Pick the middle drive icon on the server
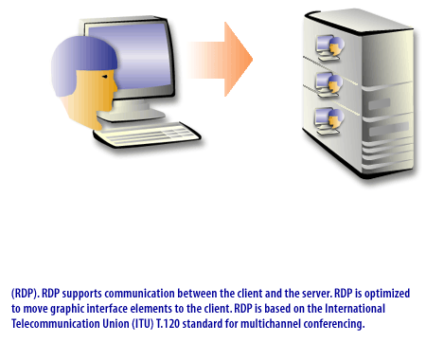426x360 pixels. [332, 81]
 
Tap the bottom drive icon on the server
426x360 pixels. [332, 120]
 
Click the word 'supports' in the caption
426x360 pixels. [82, 294]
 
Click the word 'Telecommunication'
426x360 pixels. [53, 324]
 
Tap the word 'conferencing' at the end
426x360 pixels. [335, 324]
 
